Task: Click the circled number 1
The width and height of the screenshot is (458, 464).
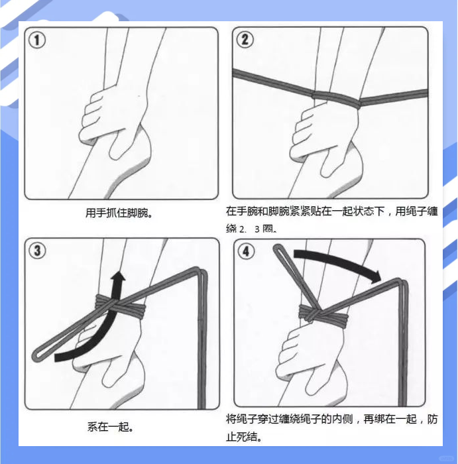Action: click(37, 40)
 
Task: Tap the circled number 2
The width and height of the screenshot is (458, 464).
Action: click(245, 40)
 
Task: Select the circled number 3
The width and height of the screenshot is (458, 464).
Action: click(38, 251)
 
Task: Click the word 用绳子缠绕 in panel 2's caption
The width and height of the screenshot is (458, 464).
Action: click(411, 211)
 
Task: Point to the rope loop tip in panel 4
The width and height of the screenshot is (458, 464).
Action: click(278, 251)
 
